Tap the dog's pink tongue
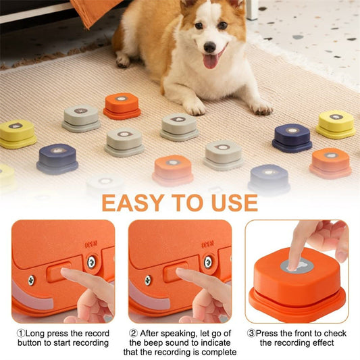(211, 61)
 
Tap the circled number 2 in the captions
(133, 334)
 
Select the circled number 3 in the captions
(251, 334)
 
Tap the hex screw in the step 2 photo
(208, 261)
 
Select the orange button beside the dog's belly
(122, 105)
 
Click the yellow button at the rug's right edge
(336, 124)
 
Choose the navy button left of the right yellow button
(292, 137)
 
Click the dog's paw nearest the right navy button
(261, 107)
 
